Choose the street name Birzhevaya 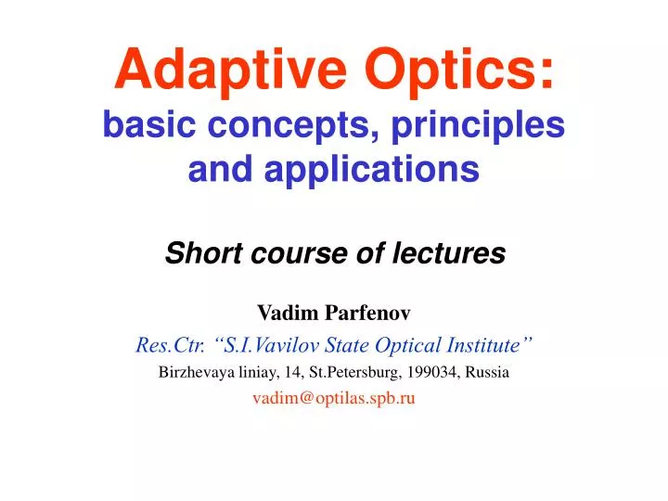[x=197, y=373]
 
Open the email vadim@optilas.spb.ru [x=333, y=399]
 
